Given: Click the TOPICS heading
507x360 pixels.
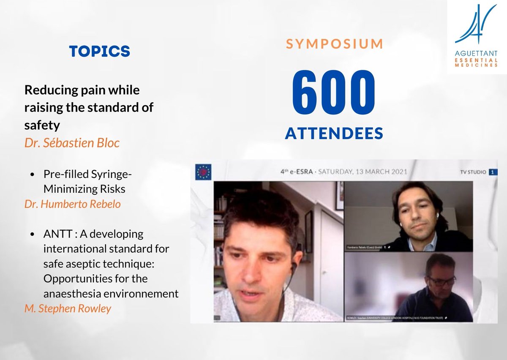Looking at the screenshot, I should [x=100, y=51].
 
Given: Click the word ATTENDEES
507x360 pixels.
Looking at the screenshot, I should [x=334, y=134].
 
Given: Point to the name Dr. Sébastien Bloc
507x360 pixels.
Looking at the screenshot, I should [x=72, y=143].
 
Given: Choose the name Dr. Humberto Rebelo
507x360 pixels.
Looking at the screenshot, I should [x=72, y=204].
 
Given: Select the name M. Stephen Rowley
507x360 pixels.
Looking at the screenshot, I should [x=68, y=308].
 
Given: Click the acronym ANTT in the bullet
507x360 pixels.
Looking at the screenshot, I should [x=57, y=234].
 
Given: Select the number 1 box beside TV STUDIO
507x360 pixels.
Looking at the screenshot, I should [x=492, y=172].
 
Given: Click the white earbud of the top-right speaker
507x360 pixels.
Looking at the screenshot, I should [x=438, y=215].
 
